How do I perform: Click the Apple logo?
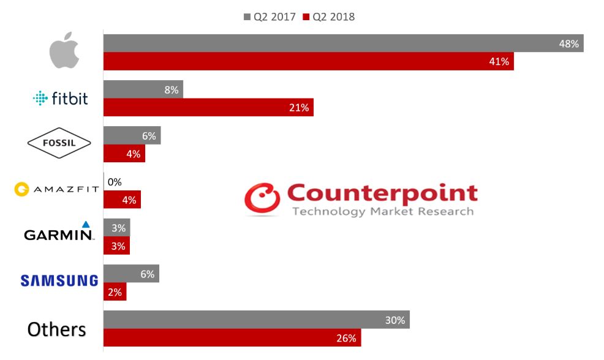[64, 52]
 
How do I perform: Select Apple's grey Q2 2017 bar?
[343, 43]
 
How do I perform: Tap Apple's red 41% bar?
[308, 61]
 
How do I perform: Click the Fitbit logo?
[60, 98]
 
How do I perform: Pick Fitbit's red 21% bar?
[208, 108]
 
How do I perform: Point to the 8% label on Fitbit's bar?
[172, 90]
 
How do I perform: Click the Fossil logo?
[59, 143]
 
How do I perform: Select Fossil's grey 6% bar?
[132, 136]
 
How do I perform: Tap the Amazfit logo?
[56, 189]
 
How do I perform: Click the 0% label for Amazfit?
[115, 182]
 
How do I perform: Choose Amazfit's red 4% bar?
[122, 200]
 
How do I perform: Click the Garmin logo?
[59, 231]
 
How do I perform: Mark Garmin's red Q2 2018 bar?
[116, 246]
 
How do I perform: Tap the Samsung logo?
[59, 280]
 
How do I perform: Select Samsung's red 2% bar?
[115, 291]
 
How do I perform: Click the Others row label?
[56, 329]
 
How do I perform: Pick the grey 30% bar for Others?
[256, 320]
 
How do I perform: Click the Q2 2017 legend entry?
[270, 17]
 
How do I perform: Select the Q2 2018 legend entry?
[329, 17]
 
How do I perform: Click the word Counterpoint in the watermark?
[382, 193]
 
